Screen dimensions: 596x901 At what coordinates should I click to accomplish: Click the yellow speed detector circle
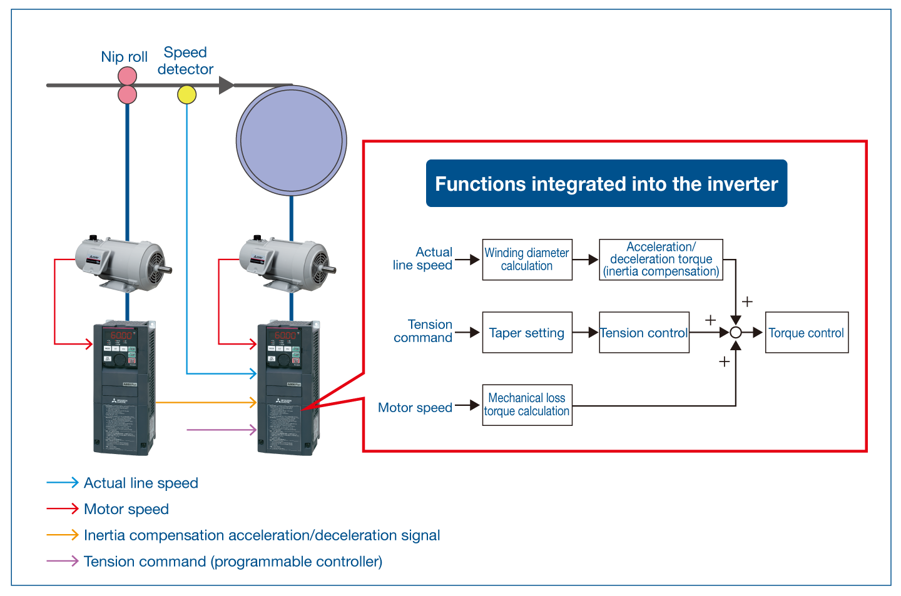coord(186,94)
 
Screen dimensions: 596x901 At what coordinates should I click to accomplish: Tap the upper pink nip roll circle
coord(127,76)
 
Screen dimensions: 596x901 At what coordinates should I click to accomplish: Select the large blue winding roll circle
coord(291,140)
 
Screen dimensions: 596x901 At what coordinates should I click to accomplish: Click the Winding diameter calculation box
coord(527,260)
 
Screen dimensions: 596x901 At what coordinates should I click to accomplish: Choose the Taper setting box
coord(527,333)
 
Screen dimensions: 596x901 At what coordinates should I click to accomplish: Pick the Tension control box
coord(644,333)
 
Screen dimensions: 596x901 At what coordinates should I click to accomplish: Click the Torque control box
coord(807,333)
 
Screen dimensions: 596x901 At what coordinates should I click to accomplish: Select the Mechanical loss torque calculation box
coord(527,405)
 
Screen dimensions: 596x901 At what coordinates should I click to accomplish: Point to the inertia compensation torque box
coord(661,260)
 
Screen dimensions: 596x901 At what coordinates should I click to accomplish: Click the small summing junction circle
coord(736,333)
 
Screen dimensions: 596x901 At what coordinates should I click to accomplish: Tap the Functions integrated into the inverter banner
coord(606,183)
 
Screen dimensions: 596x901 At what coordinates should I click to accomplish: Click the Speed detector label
coord(185,61)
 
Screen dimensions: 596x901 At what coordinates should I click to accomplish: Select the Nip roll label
coord(124,57)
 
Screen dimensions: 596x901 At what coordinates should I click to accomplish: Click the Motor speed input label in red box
coord(415,408)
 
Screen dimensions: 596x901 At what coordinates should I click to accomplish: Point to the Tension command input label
coord(423,331)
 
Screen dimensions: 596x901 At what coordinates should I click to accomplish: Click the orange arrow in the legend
coord(62,535)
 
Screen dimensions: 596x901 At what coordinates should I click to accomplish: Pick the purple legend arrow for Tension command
coord(62,561)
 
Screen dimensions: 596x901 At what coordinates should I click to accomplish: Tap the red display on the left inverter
coord(121,335)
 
